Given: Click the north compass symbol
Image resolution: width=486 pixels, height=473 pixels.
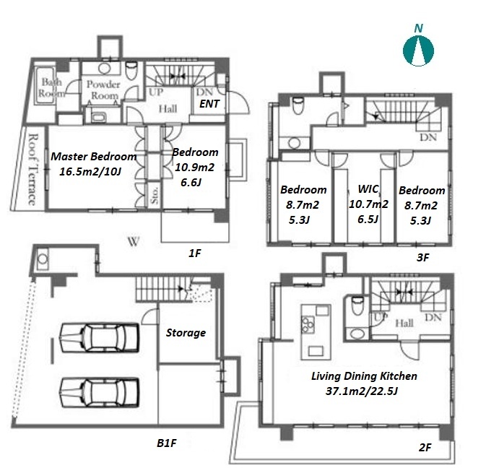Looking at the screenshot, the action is [418, 51].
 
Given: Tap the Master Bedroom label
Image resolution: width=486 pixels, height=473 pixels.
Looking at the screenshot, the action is [94, 156].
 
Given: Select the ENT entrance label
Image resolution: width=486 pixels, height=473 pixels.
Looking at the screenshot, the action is [209, 104].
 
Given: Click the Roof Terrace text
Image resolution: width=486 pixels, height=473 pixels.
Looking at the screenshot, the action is [32, 169].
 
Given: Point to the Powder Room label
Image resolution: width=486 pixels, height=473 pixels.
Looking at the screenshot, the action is [103, 90].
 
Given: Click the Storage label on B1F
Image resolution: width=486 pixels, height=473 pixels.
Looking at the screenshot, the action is [186, 333].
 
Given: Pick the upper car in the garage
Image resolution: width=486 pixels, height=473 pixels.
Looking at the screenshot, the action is [99, 338].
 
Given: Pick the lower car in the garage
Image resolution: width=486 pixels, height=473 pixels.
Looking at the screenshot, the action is [99, 392].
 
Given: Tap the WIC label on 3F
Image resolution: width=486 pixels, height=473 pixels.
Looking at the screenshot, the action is [368, 188].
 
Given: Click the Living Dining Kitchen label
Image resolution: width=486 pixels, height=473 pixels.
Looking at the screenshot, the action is [364, 376].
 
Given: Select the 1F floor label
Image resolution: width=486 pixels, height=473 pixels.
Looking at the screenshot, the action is [195, 253].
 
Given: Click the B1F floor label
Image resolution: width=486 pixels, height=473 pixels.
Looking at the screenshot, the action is [166, 443].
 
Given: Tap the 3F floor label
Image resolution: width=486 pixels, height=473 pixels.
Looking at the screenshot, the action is [422, 257].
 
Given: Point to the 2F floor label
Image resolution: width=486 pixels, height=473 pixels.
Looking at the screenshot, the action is [425, 447].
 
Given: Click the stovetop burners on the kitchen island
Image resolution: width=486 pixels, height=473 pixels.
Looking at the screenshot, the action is [308, 324].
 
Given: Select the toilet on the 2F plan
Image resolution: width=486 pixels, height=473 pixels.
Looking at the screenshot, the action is [357, 305].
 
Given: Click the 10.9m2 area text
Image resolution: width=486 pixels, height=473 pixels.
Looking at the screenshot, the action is [195, 168].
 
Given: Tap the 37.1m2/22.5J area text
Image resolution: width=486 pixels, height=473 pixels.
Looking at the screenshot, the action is [361, 391].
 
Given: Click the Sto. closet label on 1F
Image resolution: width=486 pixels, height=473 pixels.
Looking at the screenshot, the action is [155, 195].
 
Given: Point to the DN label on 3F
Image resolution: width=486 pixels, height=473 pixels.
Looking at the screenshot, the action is [428, 137].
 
